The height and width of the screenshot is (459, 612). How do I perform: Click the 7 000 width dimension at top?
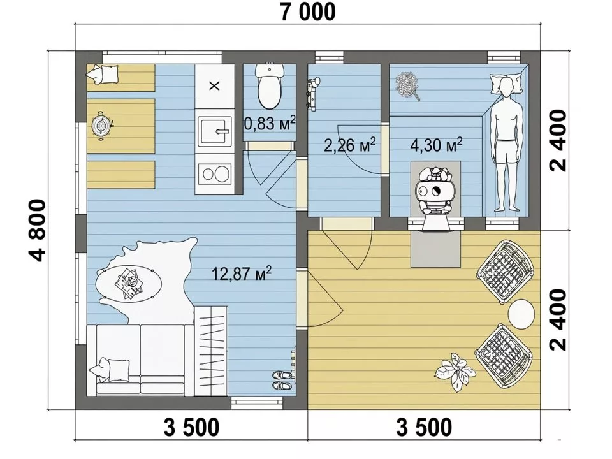click(x=308, y=11)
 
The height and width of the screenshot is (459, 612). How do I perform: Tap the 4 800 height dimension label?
click(x=38, y=230)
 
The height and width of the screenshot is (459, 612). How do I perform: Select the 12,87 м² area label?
click(x=242, y=273)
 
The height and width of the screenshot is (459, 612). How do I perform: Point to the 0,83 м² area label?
click(x=270, y=124)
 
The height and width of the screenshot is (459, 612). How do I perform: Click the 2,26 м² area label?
click(x=350, y=145)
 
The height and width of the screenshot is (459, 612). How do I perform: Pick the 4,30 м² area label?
click(x=436, y=145)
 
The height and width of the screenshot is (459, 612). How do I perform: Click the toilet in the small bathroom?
click(x=269, y=86)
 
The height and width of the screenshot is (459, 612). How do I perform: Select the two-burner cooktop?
click(x=214, y=174)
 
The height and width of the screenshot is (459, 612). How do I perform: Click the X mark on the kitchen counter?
click(x=214, y=86)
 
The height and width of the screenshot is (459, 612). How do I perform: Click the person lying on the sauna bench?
click(x=506, y=145)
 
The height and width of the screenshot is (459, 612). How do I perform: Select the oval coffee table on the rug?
click(x=129, y=282)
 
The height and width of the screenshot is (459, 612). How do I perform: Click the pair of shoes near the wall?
click(x=282, y=380)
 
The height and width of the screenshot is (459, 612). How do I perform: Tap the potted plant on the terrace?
click(x=454, y=372)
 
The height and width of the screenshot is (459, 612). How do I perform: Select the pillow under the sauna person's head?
click(x=506, y=84)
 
